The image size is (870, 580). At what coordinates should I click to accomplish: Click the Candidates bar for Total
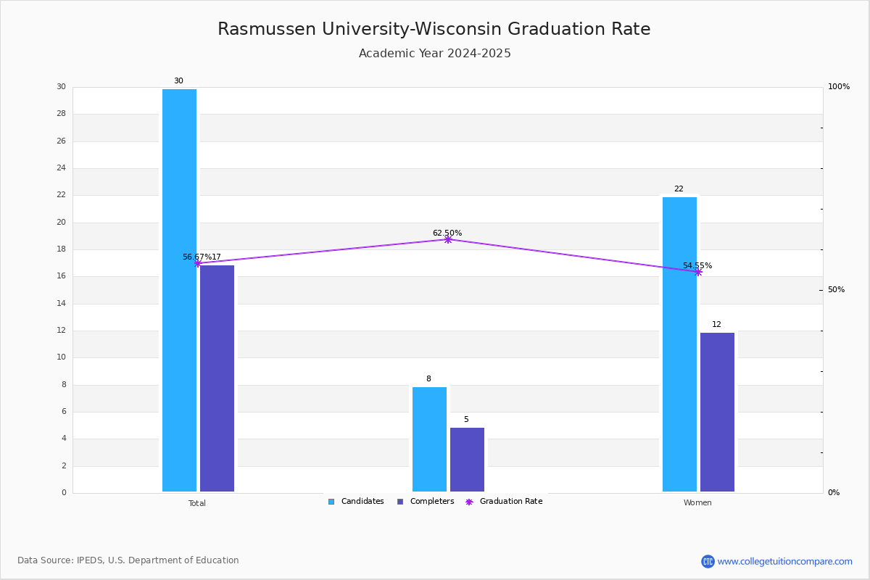179,290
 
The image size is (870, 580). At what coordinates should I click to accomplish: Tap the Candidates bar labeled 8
429,439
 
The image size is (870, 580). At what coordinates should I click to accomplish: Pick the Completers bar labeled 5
467,460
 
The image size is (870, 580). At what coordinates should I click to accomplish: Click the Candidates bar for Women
679,344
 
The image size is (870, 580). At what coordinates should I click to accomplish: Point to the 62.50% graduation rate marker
448,239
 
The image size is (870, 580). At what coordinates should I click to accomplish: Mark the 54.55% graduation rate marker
698,272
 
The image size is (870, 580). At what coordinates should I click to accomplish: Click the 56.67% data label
196,257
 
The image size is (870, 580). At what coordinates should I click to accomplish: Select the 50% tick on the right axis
836,290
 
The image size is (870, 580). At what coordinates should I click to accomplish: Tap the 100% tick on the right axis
838,87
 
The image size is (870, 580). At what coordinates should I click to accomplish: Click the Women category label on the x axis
697,503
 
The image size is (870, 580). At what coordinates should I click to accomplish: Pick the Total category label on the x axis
197,503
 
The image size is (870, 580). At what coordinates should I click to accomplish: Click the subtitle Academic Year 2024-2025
435,54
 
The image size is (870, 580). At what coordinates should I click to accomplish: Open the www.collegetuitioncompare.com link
784,561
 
